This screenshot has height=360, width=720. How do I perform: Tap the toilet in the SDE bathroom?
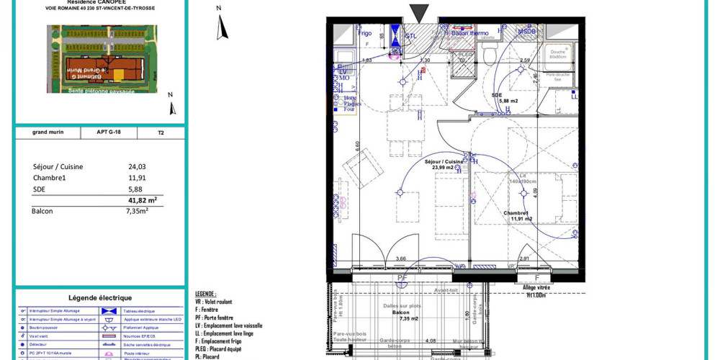[491, 53]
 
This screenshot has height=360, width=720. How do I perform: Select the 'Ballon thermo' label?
[469, 33]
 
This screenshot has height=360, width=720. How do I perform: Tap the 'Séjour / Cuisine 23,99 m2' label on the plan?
[444, 165]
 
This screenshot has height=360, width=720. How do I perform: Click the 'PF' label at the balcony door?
[402, 277]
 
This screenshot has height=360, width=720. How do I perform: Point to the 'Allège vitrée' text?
[536, 287]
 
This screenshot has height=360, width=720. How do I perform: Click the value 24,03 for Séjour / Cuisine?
[137, 166]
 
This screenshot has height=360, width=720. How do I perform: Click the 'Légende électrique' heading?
[99, 298]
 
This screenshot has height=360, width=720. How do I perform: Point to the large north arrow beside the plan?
[222, 27]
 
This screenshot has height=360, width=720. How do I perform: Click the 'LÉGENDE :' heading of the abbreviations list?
[205, 294]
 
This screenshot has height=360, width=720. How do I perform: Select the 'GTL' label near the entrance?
[411, 35]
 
